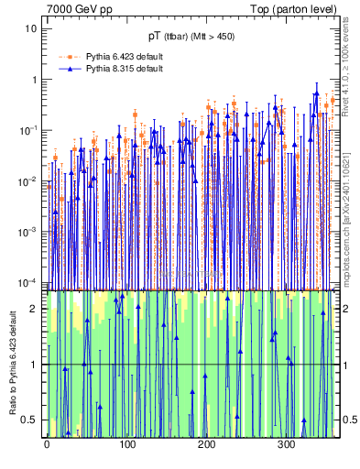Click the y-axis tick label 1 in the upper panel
[35, 80]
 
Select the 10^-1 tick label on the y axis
[29, 130]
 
